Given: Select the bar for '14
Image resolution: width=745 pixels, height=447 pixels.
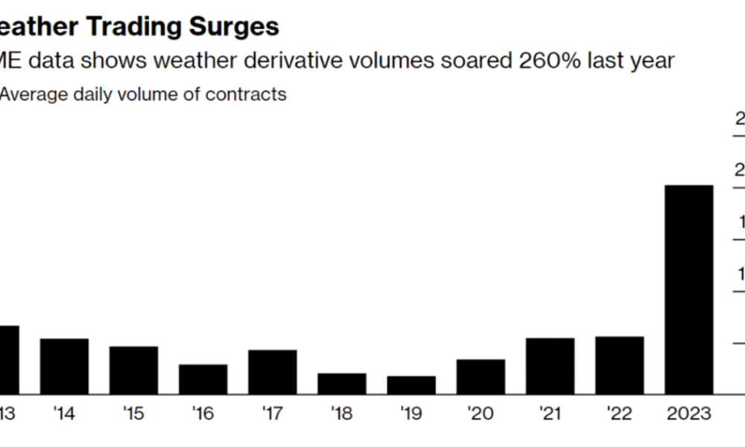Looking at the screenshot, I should (x=64, y=366).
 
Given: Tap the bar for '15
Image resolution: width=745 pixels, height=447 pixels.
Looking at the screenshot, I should (x=133, y=370).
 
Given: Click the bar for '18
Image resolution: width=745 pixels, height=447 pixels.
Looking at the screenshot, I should (x=341, y=383).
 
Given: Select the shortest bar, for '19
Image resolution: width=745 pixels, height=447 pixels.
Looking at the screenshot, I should (x=411, y=384).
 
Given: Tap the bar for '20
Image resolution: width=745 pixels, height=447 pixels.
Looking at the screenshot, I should (x=481, y=376).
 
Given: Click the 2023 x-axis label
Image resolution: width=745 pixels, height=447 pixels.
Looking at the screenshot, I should (x=688, y=413).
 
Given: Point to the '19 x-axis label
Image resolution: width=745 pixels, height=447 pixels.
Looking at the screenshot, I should (x=411, y=413).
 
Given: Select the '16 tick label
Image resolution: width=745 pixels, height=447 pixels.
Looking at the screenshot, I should (x=203, y=413).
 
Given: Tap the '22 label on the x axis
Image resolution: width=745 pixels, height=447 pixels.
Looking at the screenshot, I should (x=619, y=413).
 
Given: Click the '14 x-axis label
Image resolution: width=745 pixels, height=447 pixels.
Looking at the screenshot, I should (x=64, y=413).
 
